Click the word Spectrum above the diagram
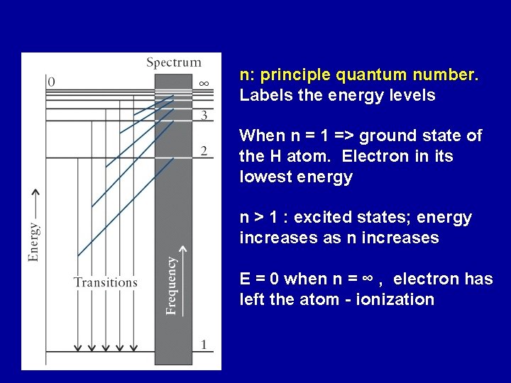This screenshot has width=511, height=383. pyautogui.click(x=174, y=63)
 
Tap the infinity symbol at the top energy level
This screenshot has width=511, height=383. pyautogui.click(x=204, y=83)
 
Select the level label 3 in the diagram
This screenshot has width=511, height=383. pyautogui.click(x=204, y=114)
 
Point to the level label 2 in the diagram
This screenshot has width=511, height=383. pyautogui.click(x=204, y=151)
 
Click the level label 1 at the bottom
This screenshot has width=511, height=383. pyautogui.click(x=204, y=345)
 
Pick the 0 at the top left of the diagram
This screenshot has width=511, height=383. pyautogui.click(x=50, y=82)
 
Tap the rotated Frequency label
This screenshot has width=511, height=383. pyautogui.click(x=172, y=285)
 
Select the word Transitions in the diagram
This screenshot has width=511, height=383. pyautogui.click(x=106, y=282)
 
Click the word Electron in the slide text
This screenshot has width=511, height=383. pyautogui.click(x=393, y=156)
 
